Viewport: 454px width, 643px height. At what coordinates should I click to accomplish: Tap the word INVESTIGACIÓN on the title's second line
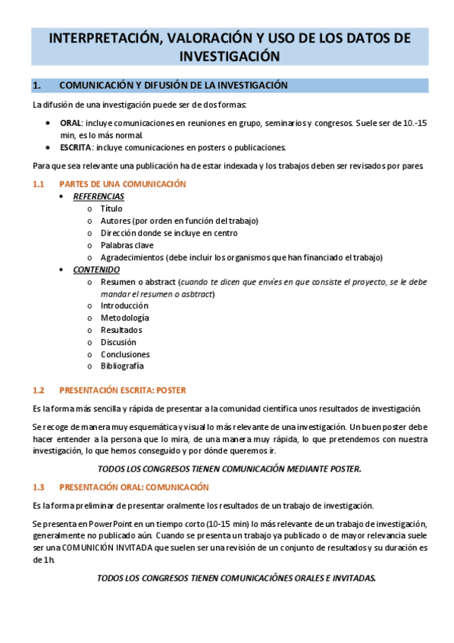coord(226,56)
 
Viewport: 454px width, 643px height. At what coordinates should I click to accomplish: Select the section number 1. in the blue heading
coord(37,85)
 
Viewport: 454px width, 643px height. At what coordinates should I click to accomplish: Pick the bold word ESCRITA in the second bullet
coord(76,147)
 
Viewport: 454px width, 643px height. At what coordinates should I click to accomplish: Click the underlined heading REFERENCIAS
coord(99,196)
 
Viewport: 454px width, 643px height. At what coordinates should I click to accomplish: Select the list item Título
coord(111,209)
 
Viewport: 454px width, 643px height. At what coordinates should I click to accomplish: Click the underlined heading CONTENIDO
coord(95,269)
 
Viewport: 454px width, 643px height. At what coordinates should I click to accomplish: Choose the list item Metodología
coord(124,318)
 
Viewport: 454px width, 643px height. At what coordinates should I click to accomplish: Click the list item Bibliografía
coord(122,366)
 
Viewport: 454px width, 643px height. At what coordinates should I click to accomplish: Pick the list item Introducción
coord(124,306)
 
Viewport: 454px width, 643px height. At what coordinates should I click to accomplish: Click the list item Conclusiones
coord(125,354)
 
